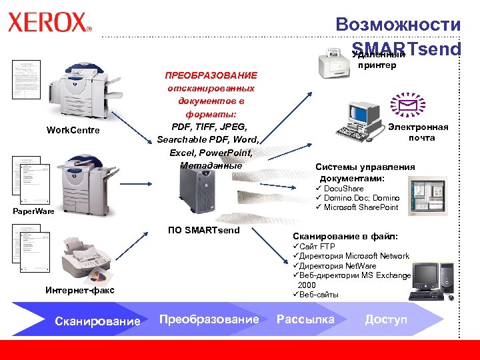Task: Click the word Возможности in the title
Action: pyautogui.click(x=398, y=25)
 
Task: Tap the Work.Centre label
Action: pyautogui.click(x=73, y=130)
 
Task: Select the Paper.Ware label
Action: pyautogui.click(x=33, y=212)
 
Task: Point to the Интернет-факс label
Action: pyautogui.click(x=80, y=290)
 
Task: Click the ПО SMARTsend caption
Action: pyautogui.click(x=204, y=231)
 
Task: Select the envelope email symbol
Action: pyautogui.click(x=407, y=105)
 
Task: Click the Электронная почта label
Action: pyautogui.click(x=418, y=133)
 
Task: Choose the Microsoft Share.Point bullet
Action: pyautogui.click(x=360, y=207)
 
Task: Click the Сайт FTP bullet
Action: pyautogui.click(x=312, y=247)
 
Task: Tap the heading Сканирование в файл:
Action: pyautogui.click(x=345, y=236)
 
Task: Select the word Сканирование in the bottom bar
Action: pyautogui.click(x=97, y=321)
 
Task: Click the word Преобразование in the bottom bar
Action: pyautogui.click(x=209, y=320)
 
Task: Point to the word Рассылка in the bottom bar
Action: pyautogui.click(x=305, y=320)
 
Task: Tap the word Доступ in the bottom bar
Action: pyautogui.click(x=386, y=320)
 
